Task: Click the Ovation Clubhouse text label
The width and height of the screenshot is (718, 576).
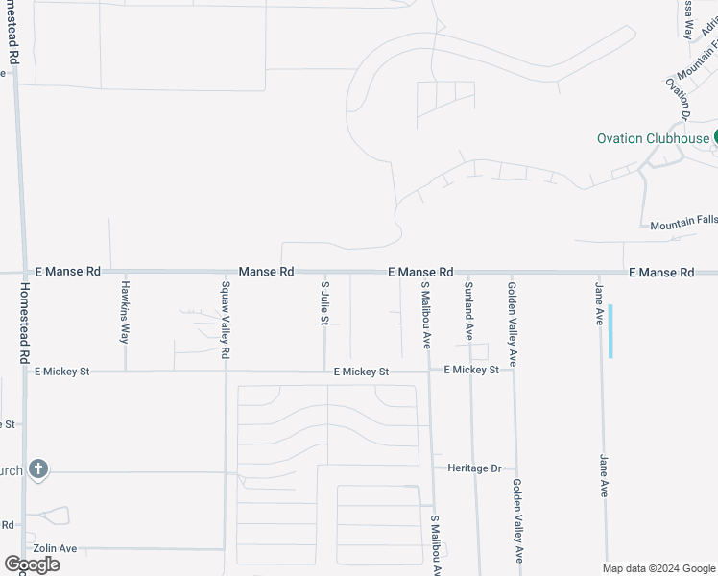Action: (x=653, y=138)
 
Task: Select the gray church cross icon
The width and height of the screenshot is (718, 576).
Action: (x=37, y=469)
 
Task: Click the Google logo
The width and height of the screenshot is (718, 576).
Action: (x=33, y=564)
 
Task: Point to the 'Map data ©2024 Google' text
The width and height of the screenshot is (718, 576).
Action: (x=658, y=568)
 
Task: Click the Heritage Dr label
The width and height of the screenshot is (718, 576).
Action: (x=474, y=468)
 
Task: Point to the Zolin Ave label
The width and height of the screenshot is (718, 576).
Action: (x=55, y=548)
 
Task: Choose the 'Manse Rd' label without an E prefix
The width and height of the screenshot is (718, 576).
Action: (x=266, y=273)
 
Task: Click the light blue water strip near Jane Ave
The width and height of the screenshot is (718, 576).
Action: (x=610, y=331)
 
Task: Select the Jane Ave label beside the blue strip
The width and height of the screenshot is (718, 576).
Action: (x=599, y=301)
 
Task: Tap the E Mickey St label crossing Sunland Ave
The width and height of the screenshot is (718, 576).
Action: (x=471, y=370)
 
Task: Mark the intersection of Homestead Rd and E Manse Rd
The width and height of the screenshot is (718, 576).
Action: (x=17, y=273)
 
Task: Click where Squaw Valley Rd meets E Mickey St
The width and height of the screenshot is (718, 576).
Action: (x=225, y=372)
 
